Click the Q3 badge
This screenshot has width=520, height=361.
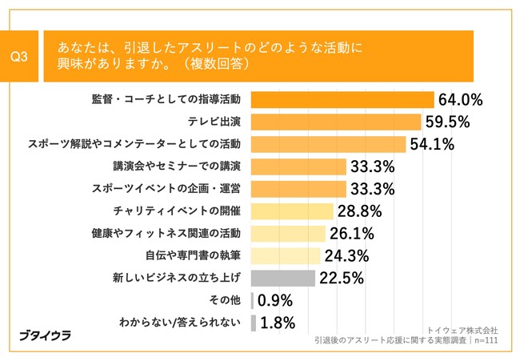[21, 56]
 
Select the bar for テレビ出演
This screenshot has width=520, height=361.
[336, 122]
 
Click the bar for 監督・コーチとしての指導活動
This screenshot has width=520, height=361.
[342, 99]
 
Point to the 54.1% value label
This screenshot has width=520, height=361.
[432, 144]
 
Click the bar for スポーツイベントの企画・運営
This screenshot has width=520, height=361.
[298, 189]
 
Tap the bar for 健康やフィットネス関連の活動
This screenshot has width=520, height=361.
[288, 234]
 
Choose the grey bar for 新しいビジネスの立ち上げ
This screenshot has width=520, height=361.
[283, 279]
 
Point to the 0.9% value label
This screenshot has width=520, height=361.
[275, 301]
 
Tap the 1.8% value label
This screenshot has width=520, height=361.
[277, 323]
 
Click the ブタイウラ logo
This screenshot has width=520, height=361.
[45, 335]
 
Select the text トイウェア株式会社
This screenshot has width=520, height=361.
[463, 329]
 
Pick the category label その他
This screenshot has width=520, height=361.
[228, 301]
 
